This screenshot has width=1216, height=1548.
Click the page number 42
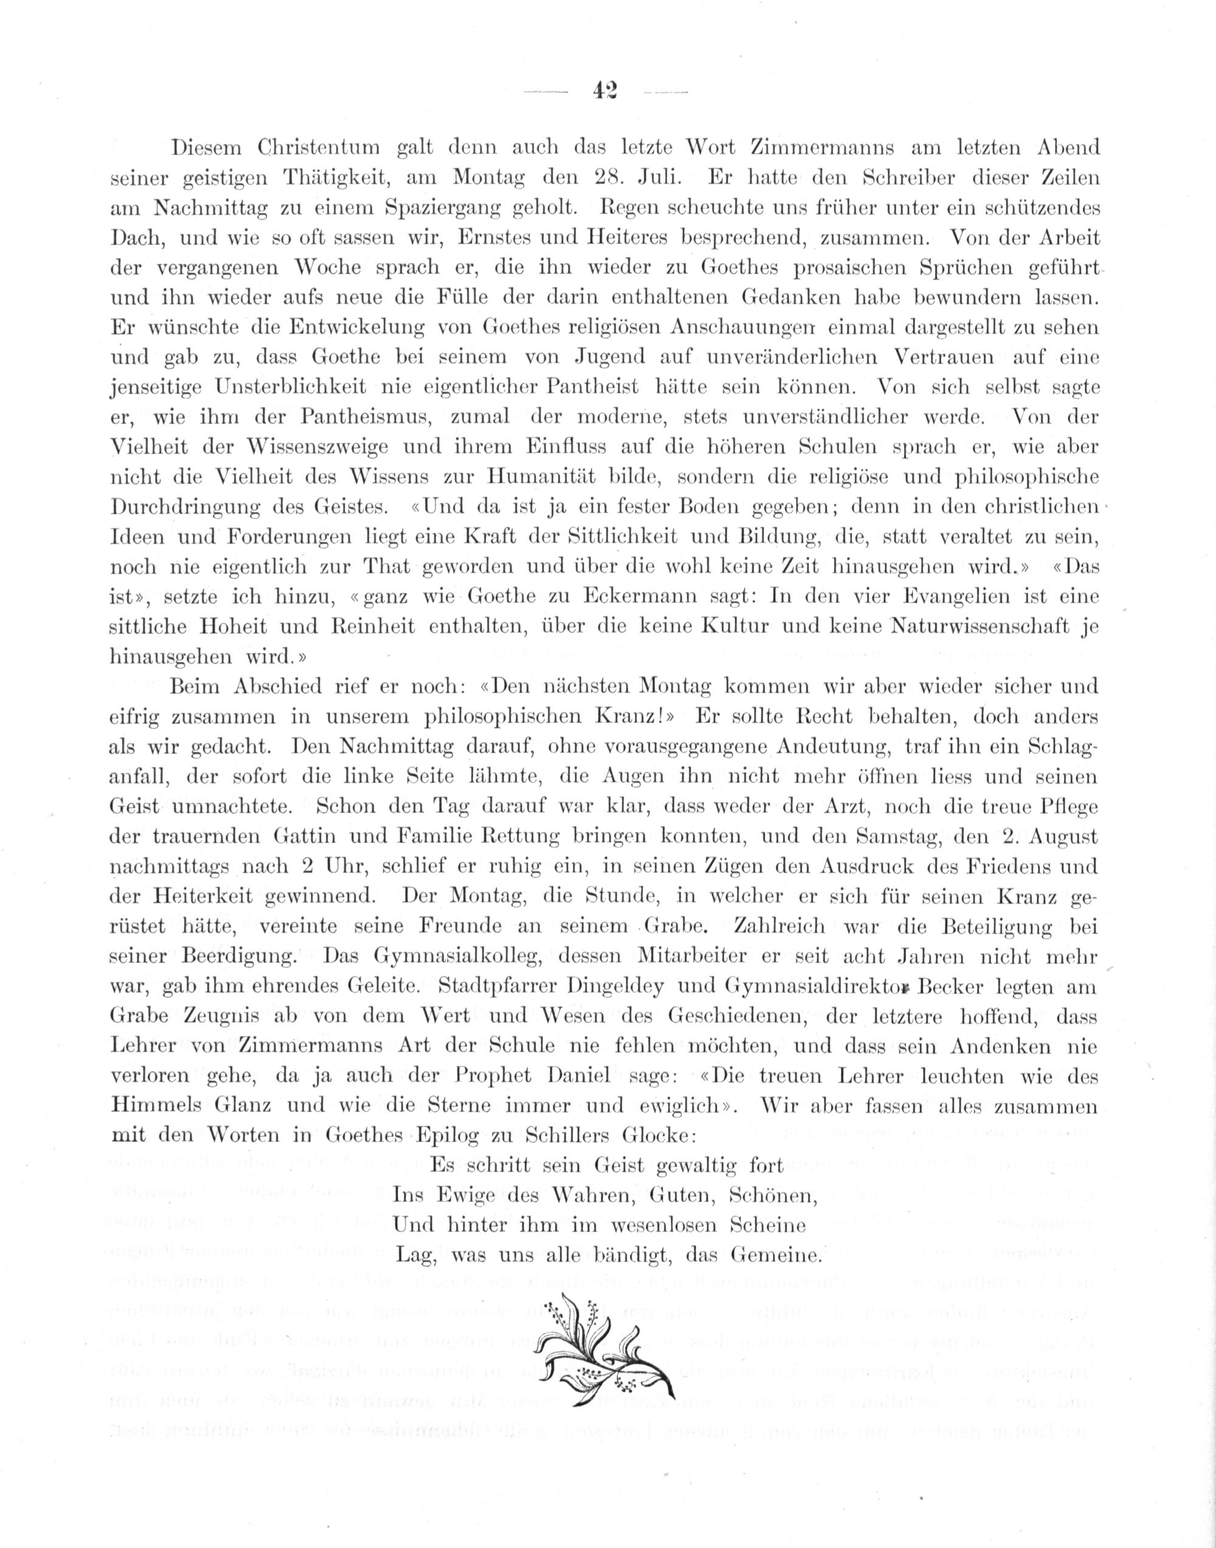tap(605, 91)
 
